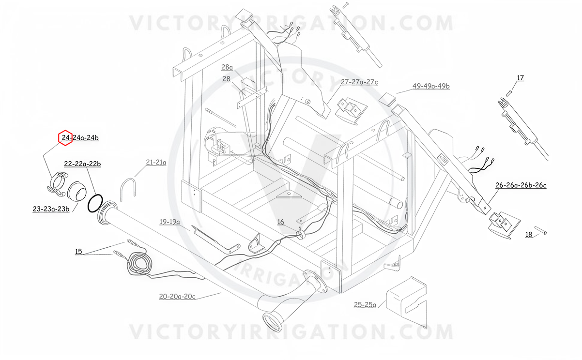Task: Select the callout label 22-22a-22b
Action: click(x=82, y=164)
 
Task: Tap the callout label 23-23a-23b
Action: click(x=51, y=209)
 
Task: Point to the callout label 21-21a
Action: click(x=156, y=162)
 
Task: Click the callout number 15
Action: click(x=78, y=252)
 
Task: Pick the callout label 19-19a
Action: click(x=169, y=222)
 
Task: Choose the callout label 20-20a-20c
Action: click(x=177, y=296)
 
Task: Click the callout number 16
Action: click(x=281, y=222)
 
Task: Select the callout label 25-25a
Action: click(x=365, y=304)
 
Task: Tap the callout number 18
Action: click(x=529, y=235)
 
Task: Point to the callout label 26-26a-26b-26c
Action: click(x=521, y=185)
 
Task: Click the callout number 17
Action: click(x=520, y=78)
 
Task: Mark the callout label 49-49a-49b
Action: click(x=431, y=86)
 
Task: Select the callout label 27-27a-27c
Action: click(x=359, y=82)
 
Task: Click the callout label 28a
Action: click(x=227, y=67)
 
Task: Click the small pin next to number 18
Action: click(x=540, y=230)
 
